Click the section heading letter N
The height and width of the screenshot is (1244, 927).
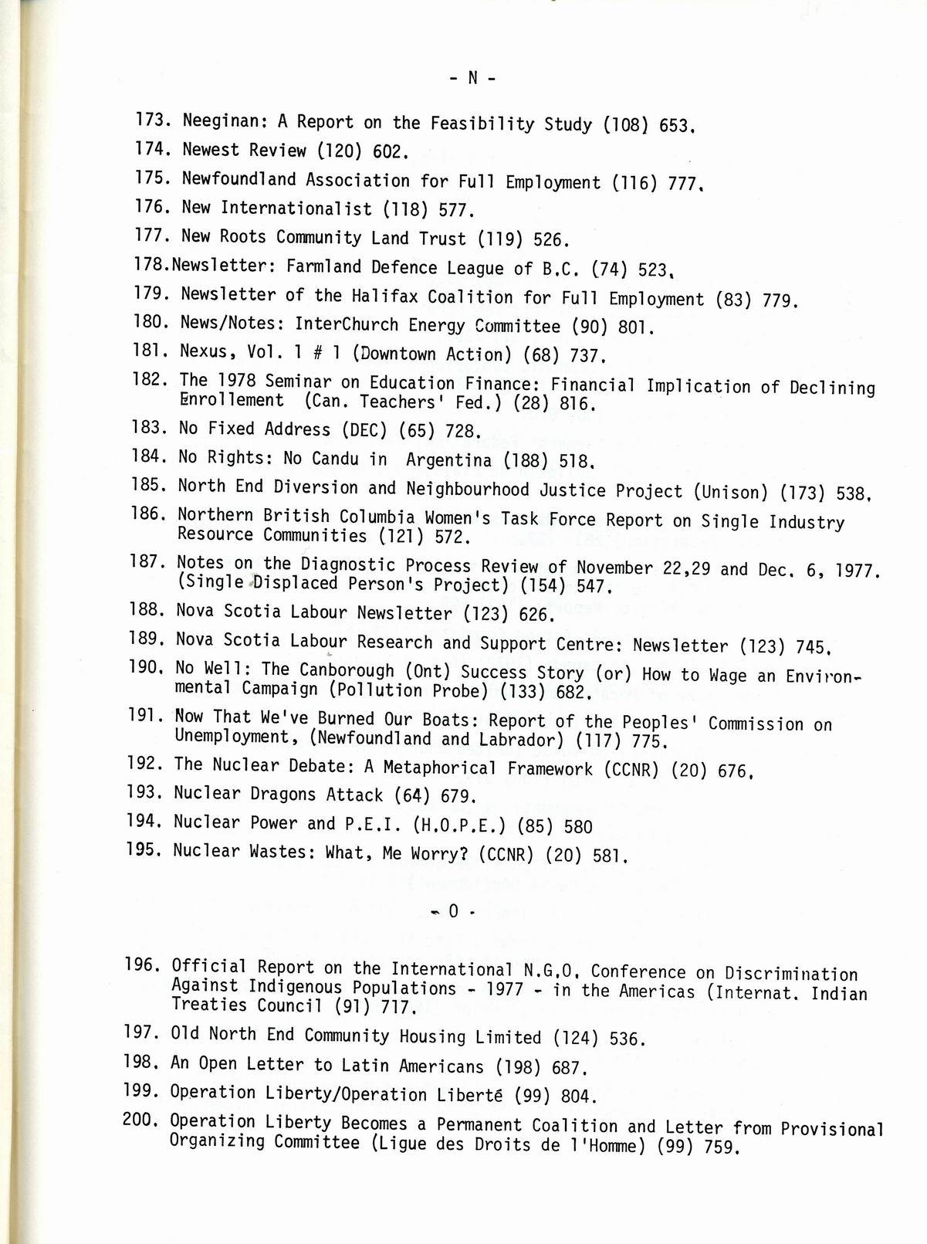(472, 78)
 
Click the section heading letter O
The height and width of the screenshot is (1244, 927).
(453, 911)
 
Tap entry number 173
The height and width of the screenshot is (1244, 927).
(152, 120)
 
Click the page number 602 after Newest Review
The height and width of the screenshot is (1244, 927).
(389, 152)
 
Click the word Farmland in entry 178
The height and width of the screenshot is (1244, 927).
(323, 267)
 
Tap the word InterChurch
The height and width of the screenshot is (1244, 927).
(347, 324)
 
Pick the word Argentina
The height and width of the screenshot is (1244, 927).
(448, 460)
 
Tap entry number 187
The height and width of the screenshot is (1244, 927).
(147, 561)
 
